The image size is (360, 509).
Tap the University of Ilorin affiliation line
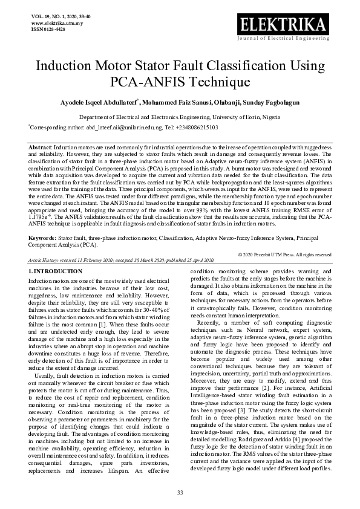click(x=180, y=118)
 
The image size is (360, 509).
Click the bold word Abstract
click(x=41, y=148)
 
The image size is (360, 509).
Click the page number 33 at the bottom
click(x=180, y=493)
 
